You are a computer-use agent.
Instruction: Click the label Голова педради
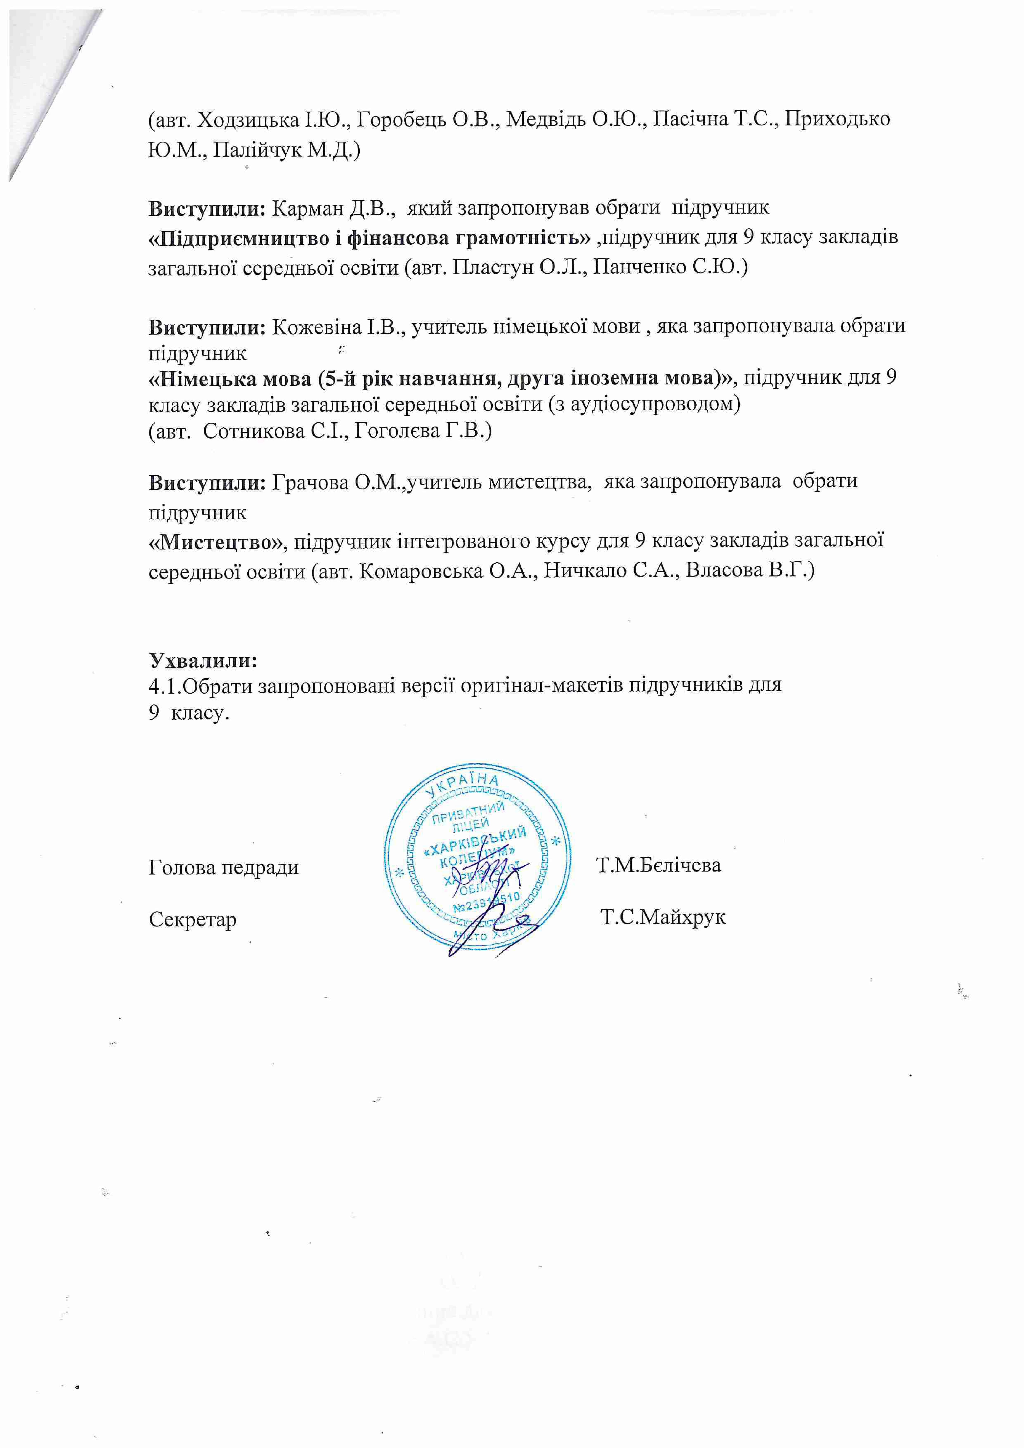[223, 867]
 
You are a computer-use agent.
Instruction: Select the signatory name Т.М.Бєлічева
[658, 865]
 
